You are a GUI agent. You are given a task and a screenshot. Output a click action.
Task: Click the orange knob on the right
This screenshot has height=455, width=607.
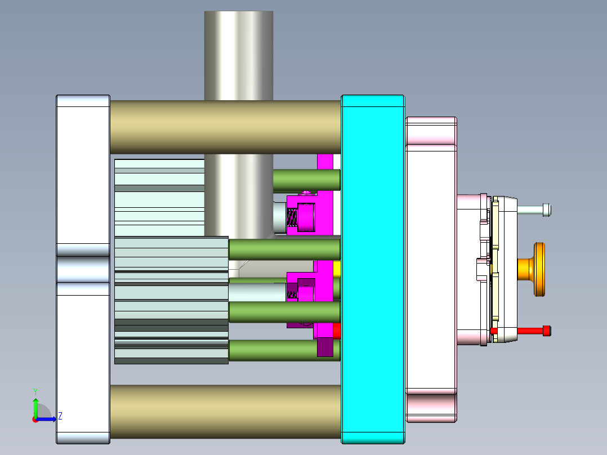coord(538,269)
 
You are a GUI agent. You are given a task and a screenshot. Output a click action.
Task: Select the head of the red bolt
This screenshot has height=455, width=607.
coord(546,331)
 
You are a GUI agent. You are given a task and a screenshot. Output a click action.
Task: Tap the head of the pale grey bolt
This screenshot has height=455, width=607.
coord(547,210)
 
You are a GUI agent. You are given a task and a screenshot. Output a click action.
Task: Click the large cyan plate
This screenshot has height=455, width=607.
coord(372,269)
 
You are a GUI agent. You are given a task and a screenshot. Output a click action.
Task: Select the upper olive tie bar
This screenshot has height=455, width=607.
coord(225,127)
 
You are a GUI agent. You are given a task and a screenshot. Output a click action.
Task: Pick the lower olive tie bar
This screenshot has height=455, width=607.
coord(225,412)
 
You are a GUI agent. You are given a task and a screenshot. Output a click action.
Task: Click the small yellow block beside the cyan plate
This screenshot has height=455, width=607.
coord(337,269)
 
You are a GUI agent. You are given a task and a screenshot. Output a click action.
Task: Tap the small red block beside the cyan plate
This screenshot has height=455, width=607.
coord(337,331)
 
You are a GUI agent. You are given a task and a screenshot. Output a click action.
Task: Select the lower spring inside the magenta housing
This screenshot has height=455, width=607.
coord(292,292)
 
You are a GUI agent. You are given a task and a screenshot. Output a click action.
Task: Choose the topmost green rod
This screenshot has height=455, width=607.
coord(306,180)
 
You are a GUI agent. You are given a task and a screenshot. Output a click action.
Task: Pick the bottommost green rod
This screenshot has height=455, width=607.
coord(270,350)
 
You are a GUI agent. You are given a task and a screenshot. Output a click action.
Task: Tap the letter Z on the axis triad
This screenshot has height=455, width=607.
coord(60,416)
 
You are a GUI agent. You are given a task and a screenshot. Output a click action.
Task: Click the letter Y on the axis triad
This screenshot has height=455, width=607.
coord(35,391)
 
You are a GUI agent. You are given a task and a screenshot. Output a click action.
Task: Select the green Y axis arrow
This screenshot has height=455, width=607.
coord(35,407)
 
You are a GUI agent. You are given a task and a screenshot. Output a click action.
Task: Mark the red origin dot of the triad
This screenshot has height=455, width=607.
coord(35,419)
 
